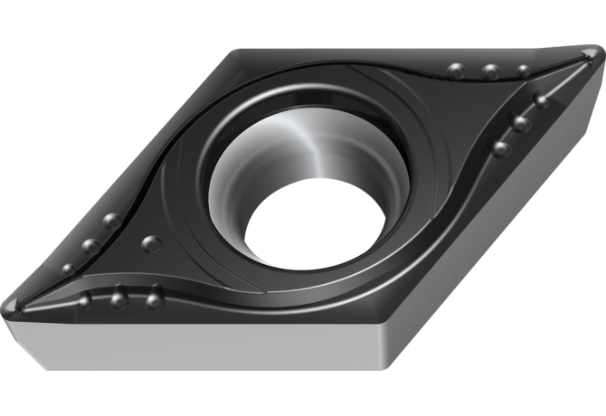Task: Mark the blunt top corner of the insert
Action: coord(237,54)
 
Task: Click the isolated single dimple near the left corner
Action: coord(151,243)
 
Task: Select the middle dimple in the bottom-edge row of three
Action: coord(118,297)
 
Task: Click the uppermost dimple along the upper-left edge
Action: coord(112,221)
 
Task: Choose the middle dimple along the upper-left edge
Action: coord(90,245)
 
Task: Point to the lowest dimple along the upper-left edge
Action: coord(68,269)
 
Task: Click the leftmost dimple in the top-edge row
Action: coord(456,71)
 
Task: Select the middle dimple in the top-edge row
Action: coord(490,71)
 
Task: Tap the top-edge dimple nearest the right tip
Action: coord(525,71)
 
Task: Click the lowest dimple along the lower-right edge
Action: coord(500,147)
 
